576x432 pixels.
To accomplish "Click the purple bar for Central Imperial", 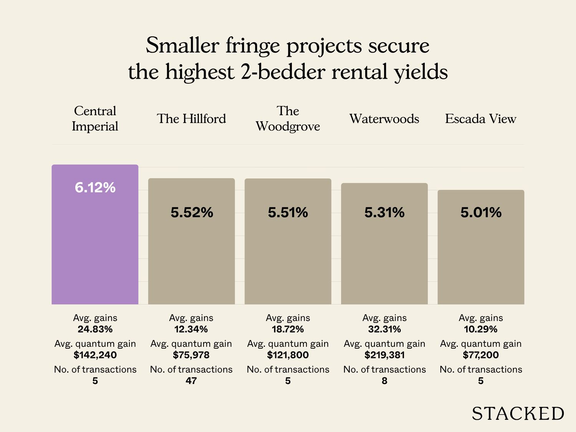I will click(x=95, y=246).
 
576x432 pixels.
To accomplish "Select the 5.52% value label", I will click(x=192, y=212).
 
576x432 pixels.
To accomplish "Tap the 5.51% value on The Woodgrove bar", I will click(x=288, y=212).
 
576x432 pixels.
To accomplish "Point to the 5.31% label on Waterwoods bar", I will click(x=384, y=212).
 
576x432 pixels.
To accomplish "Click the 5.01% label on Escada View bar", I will click(x=481, y=212).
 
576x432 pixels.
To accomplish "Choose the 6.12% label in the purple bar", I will click(x=95, y=187).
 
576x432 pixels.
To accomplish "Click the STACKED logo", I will click(x=518, y=414).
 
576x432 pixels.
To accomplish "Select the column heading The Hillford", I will click(x=191, y=119).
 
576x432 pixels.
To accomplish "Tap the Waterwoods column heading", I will click(x=384, y=119).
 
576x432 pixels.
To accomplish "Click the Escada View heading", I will click(x=480, y=119).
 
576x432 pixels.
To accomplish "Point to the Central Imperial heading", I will click(x=95, y=119).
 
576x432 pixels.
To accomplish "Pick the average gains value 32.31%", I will click(x=384, y=329).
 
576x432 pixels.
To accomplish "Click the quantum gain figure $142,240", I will click(x=95, y=355).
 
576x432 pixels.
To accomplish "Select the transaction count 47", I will click(x=191, y=381).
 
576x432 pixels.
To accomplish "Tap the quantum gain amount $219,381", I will click(x=384, y=355).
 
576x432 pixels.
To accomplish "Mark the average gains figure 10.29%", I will click(x=481, y=329).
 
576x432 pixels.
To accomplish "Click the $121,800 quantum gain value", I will click(x=288, y=355).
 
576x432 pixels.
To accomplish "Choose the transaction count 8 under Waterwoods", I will click(x=384, y=381).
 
